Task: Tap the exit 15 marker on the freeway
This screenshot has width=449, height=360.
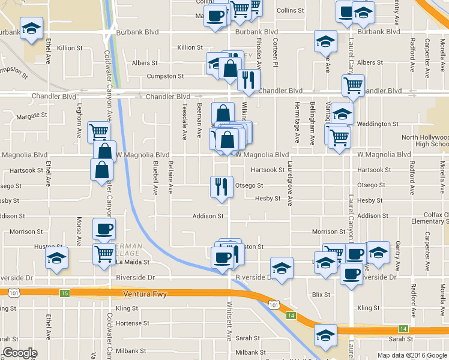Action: tap(64, 293)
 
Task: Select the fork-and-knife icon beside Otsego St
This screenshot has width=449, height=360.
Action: tap(221, 187)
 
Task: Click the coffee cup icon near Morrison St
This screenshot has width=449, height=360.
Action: tap(104, 229)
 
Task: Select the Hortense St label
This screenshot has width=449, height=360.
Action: tap(132, 323)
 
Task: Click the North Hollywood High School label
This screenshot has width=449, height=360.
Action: tap(424, 140)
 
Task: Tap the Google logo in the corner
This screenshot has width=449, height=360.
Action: tap(20, 353)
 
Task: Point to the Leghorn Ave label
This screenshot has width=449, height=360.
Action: tap(79, 120)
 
